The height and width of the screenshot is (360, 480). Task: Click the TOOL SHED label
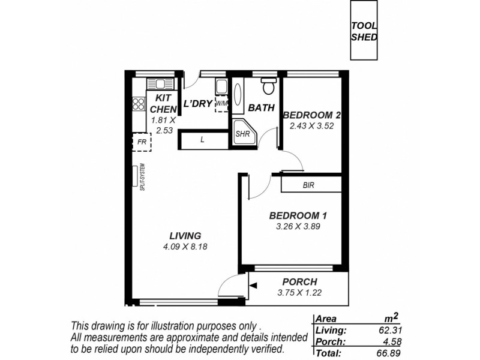[364, 31]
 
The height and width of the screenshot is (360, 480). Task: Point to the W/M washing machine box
[222, 103]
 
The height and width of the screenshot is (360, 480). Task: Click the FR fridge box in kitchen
[142, 143]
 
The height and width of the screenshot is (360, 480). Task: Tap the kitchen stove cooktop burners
[139, 103]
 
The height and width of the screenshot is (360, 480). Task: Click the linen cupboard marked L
[203, 140]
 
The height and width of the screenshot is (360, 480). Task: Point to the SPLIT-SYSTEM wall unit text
[142, 178]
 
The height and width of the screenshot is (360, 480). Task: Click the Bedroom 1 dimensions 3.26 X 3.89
[298, 227]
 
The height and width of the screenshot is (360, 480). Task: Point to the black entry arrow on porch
[254, 287]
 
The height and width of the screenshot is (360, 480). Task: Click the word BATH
[262, 109]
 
